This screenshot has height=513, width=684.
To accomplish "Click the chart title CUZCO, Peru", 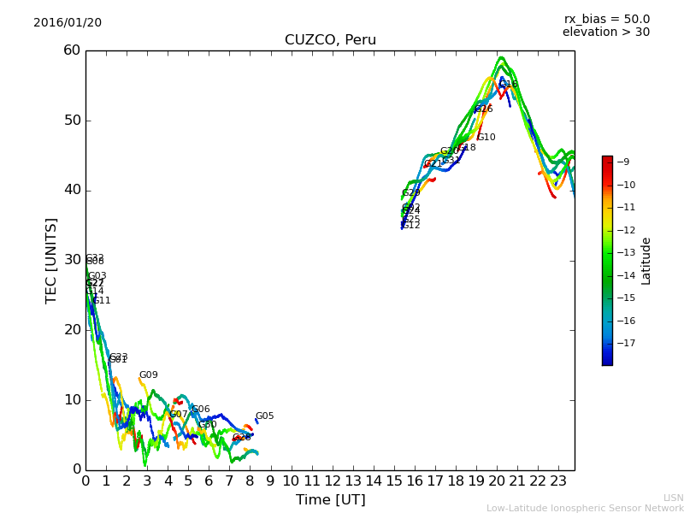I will [330, 40].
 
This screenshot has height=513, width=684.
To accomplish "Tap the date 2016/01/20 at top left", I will [68, 23].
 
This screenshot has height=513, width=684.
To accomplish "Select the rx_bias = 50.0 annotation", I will [606, 20].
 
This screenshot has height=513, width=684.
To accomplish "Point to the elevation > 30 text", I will [605, 32].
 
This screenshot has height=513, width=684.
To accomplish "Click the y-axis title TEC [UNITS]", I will [52, 260].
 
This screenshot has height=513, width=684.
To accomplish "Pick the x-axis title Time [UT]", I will [330, 500].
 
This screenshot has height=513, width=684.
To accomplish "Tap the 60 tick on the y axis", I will [71, 50].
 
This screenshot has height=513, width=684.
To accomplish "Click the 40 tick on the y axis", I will [71, 191].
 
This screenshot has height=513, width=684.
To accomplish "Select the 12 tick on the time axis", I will [332, 481].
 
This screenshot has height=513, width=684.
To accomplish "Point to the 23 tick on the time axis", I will [558, 481].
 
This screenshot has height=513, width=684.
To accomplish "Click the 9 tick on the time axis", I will [270, 481].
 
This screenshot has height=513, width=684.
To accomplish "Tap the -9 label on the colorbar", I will [623, 162].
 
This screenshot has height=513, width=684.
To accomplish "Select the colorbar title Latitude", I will [646, 261].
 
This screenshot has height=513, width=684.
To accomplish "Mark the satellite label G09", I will [149, 375].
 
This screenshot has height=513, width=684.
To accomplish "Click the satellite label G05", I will [265, 416].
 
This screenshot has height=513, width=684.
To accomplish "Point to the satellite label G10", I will [486, 138].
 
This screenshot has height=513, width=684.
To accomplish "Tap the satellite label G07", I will [179, 415].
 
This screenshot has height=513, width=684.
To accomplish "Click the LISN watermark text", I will [673, 498].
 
